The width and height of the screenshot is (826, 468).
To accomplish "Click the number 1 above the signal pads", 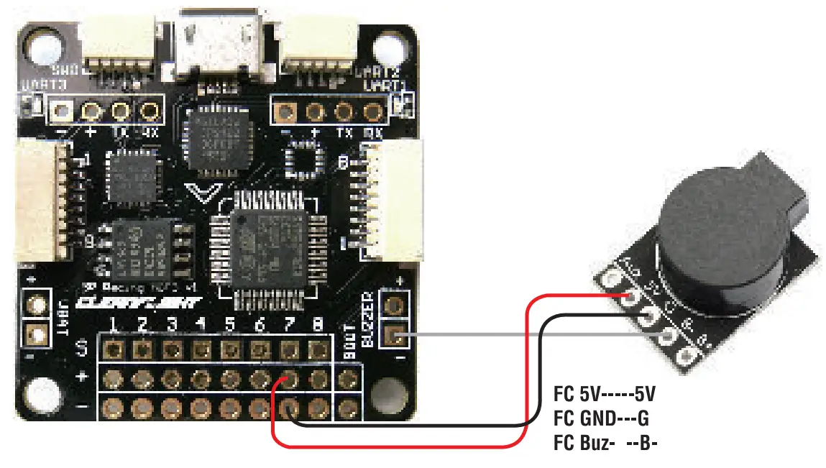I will coord(113,324).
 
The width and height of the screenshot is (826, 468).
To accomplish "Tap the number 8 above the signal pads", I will coord(317,324).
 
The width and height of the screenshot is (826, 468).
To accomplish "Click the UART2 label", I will coord(377,73).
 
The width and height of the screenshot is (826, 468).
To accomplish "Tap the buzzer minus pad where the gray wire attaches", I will coord(393,334).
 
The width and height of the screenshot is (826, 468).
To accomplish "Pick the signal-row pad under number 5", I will coord(229,349).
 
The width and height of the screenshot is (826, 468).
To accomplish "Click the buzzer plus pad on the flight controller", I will coord(393,303).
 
